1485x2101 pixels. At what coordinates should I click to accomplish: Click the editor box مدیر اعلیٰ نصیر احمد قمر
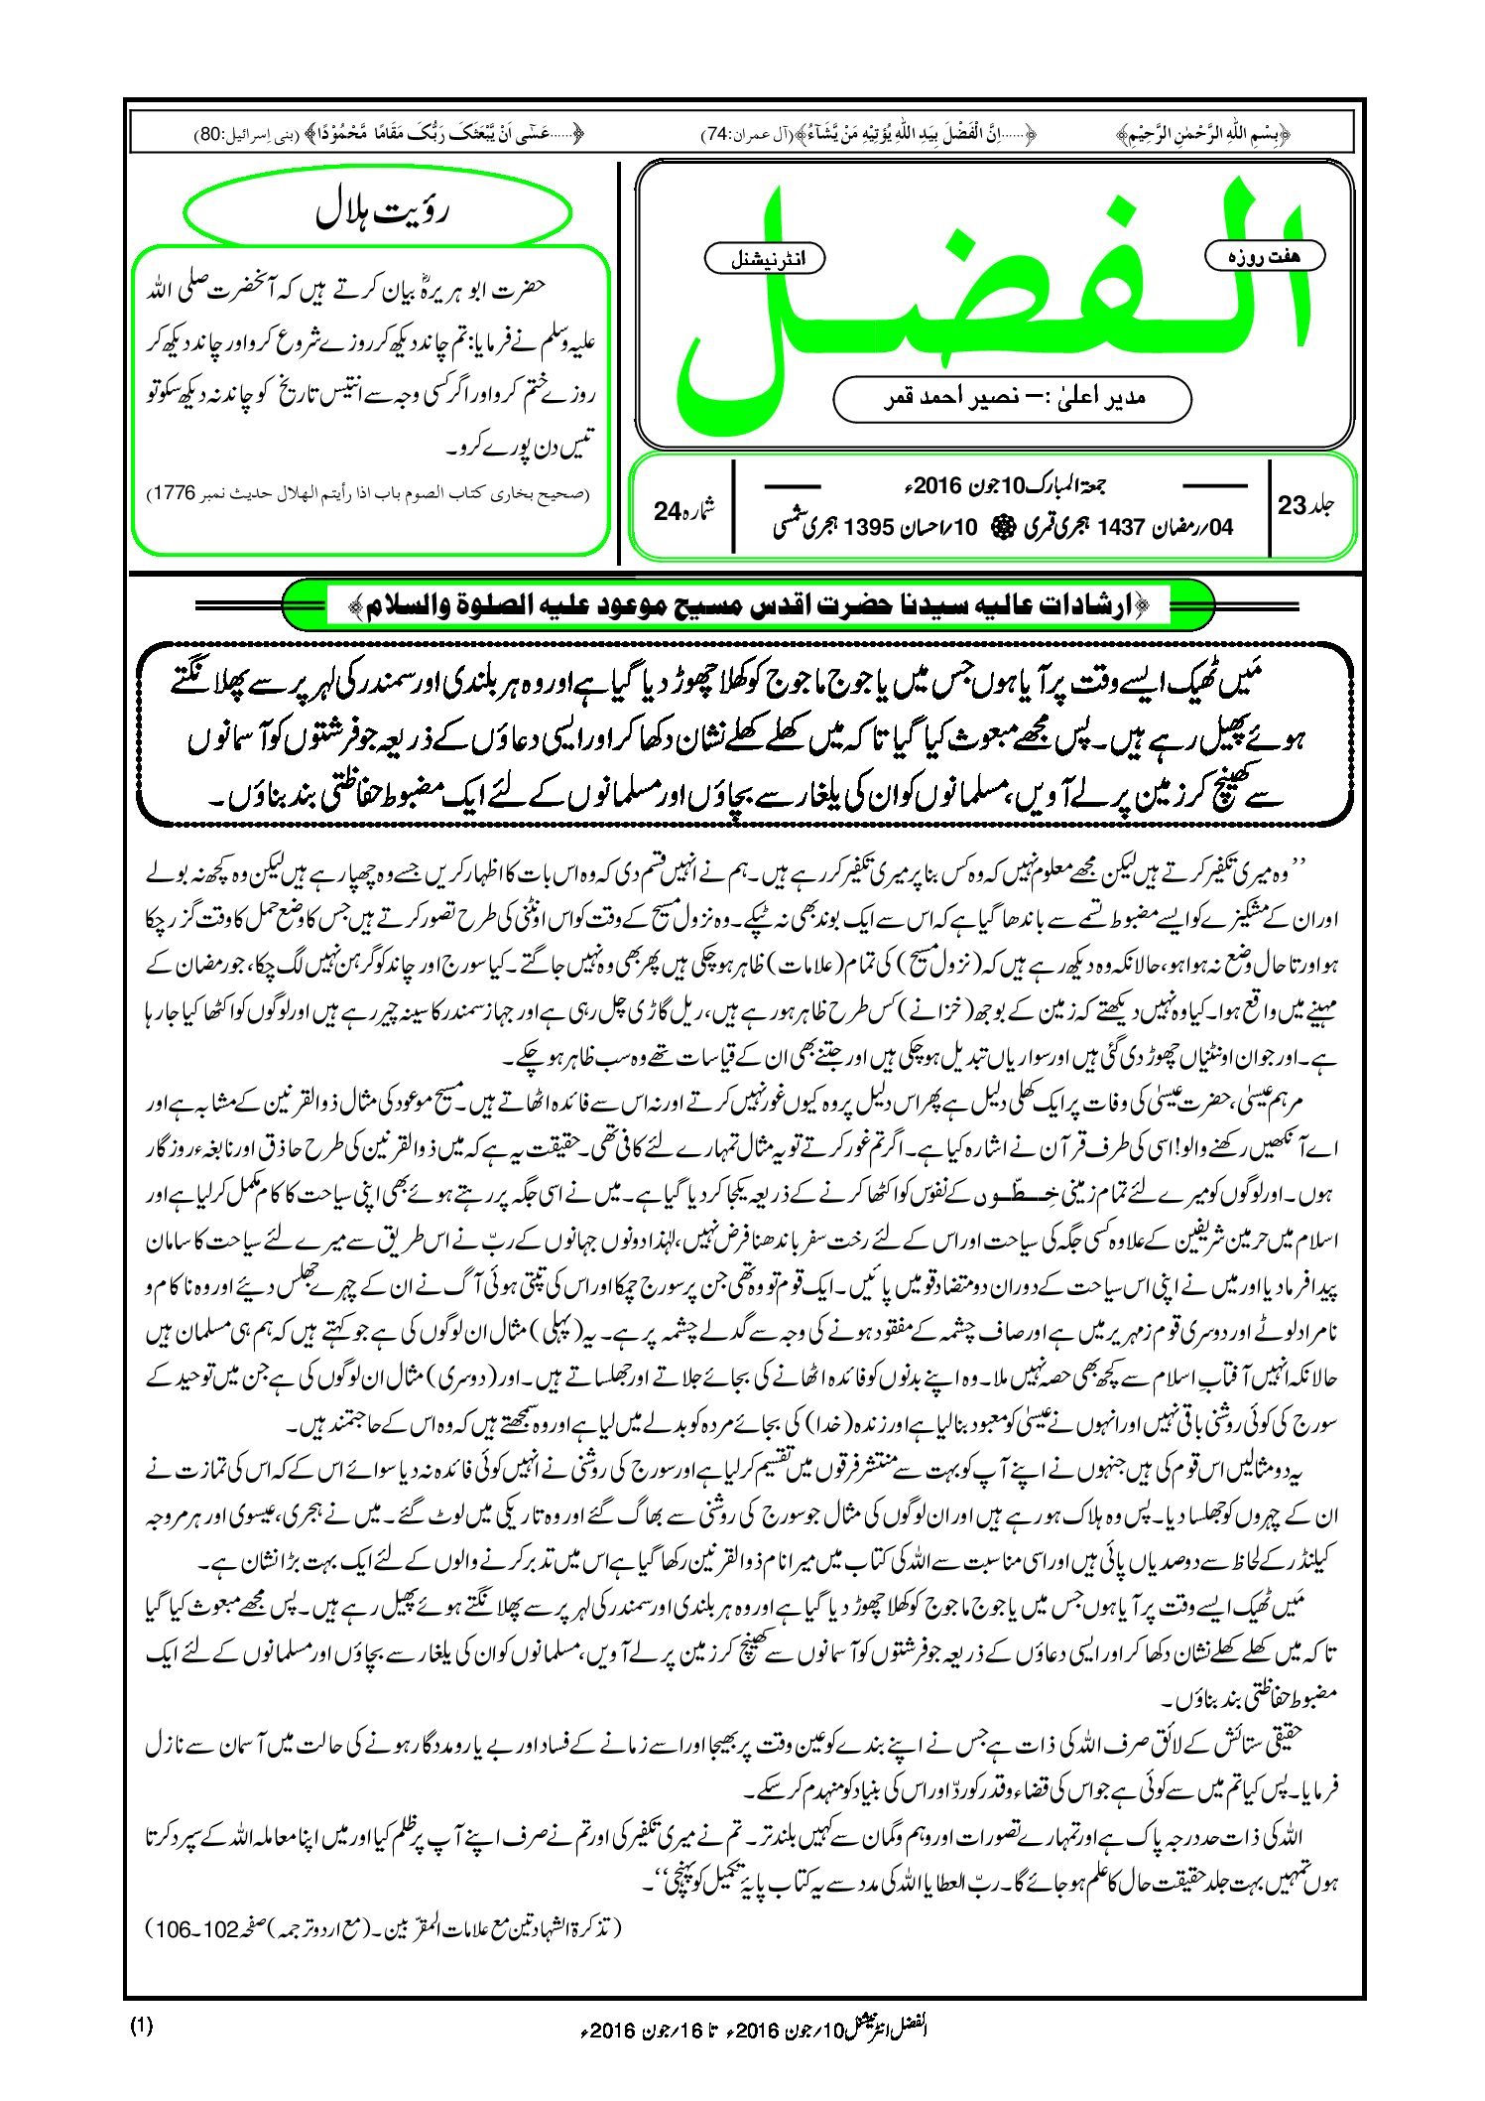point(1012,398)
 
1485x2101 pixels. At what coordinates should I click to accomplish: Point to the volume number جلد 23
point(1306,505)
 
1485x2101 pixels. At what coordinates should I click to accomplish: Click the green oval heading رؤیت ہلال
point(378,213)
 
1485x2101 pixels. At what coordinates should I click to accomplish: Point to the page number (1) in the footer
point(142,2027)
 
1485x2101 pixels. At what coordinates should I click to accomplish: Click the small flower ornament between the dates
point(999,528)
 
